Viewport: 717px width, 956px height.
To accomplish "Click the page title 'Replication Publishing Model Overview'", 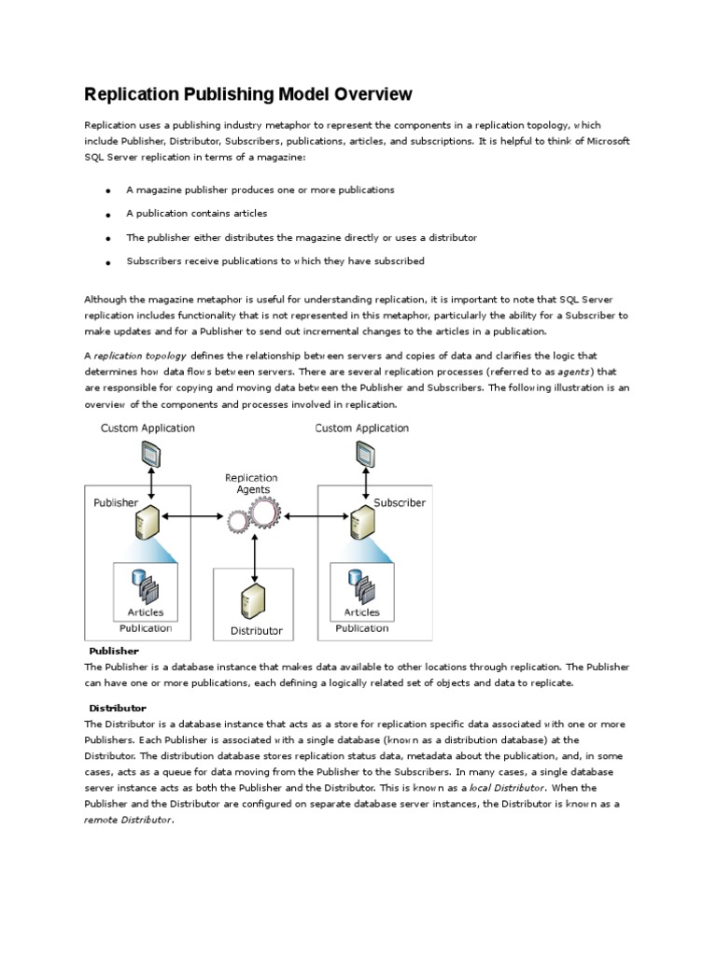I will (247, 94).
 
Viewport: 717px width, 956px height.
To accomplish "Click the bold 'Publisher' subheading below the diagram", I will (114, 651).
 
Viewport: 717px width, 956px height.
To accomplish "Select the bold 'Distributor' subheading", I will (118, 708).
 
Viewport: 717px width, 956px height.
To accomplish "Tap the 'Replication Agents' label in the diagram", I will (252, 484).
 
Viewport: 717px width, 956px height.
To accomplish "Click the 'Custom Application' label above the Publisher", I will (148, 429).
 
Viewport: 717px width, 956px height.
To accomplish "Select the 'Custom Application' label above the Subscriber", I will (362, 429).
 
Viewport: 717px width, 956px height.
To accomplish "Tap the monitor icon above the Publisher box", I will (148, 456).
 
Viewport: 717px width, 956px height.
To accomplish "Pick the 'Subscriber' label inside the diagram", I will (400, 502).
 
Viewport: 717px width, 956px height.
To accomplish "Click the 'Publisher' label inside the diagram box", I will (116, 502).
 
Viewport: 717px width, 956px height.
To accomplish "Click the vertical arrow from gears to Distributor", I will (254, 559).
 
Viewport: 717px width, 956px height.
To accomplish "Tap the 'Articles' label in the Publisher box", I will (146, 612).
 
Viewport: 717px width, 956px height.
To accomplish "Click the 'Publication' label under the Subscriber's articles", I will (362, 628).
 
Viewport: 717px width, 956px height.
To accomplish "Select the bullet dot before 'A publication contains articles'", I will (108, 215).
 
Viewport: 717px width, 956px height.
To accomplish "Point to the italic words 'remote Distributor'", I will (128, 819).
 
